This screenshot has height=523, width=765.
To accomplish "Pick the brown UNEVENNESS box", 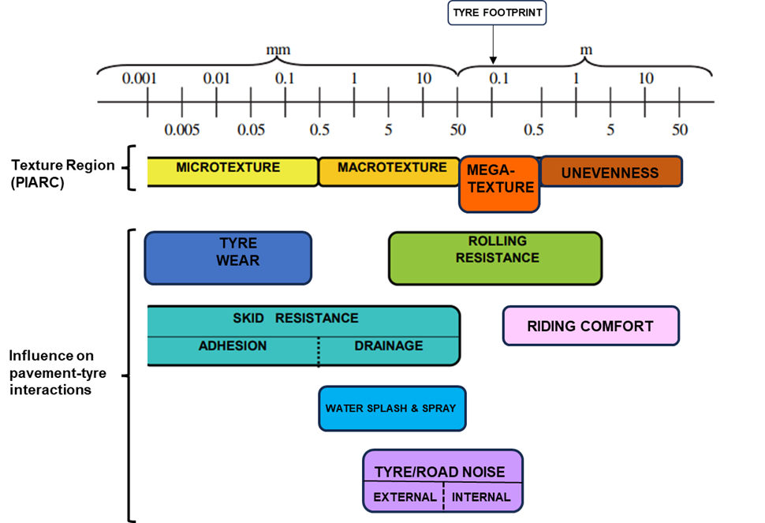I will (610, 172).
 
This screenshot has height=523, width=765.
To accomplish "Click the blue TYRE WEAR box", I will (228, 258).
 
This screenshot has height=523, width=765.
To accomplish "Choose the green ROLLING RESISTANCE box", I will (495, 258).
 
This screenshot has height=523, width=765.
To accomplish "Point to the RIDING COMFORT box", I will (590, 326).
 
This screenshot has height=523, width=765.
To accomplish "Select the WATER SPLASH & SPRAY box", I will (392, 409).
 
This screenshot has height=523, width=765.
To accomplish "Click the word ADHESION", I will (233, 346).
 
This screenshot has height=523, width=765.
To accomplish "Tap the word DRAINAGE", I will (388, 346).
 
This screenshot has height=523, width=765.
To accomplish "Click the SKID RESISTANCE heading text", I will (295, 319).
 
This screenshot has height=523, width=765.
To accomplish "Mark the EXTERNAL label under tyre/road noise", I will (405, 497).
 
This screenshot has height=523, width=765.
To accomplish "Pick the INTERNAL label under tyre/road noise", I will (481, 497).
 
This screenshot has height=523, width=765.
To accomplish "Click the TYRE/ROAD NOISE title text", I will (439, 472).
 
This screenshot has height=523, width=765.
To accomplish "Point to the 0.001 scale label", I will (140, 78).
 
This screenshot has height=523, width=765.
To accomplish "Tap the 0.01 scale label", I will (216, 78).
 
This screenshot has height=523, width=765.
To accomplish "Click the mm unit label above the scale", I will (278, 50).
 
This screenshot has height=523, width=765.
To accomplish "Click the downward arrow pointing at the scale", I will (493, 46).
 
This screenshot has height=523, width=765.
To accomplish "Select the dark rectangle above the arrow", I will (497, 13).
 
